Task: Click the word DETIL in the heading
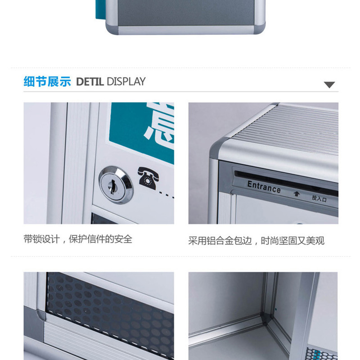click(x=90, y=82)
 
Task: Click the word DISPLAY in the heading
click(x=126, y=82)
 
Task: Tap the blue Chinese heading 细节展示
click(x=47, y=81)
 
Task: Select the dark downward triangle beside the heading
click(x=329, y=85)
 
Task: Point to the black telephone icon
click(x=148, y=178)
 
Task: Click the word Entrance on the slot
click(x=264, y=187)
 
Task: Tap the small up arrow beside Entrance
click(x=297, y=194)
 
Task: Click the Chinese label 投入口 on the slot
click(x=319, y=198)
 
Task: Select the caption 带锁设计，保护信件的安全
click(x=78, y=239)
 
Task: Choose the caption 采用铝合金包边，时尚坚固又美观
click(x=256, y=241)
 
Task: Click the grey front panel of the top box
click(x=185, y=13)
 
